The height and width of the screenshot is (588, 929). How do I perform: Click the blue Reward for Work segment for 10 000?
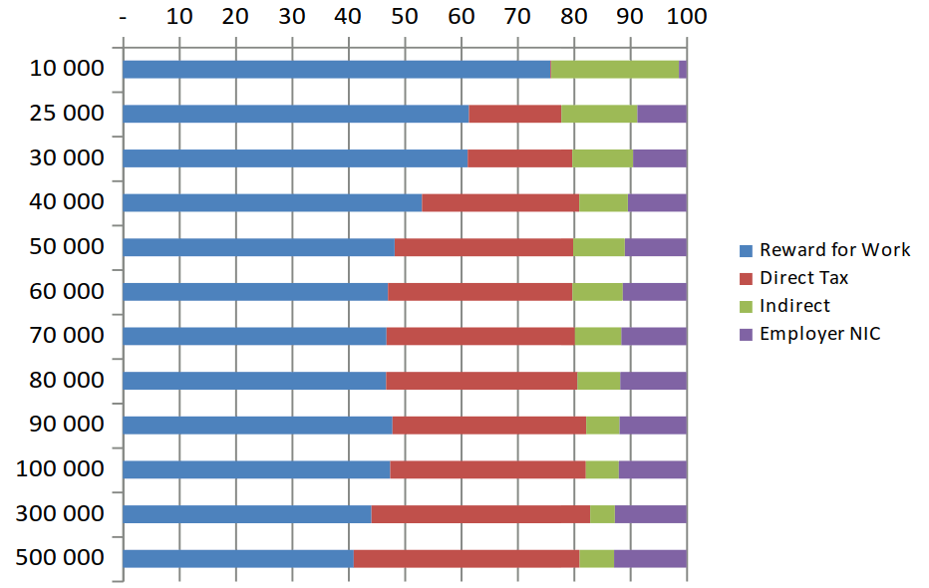point(336,69)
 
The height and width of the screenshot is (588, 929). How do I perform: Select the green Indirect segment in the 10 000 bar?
point(614,69)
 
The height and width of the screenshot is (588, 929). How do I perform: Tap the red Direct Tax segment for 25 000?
point(514,114)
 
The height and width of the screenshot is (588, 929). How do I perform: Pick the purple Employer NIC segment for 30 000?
point(659,157)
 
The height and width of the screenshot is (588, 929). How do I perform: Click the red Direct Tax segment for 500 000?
point(466,558)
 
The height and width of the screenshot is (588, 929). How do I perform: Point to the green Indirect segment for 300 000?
point(602,514)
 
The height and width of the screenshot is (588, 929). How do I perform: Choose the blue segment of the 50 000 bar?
point(258,247)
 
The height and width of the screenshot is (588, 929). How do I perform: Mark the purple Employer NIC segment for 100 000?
point(652,469)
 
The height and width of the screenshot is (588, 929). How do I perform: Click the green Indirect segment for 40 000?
point(603,202)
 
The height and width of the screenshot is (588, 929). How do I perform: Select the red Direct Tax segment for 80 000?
point(481,381)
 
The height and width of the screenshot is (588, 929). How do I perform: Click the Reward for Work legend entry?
point(834,250)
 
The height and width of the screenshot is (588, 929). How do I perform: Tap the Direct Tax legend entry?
point(803,278)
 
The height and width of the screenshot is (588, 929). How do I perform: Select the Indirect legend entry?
point(793,306)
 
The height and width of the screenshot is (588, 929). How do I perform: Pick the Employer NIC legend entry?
point(819,334)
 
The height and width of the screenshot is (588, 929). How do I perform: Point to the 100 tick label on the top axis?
point(685,16)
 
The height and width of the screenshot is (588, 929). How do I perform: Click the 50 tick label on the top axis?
point(404,16)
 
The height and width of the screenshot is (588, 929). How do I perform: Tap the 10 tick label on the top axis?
point(178,16)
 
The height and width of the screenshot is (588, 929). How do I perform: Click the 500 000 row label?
point(60,557)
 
